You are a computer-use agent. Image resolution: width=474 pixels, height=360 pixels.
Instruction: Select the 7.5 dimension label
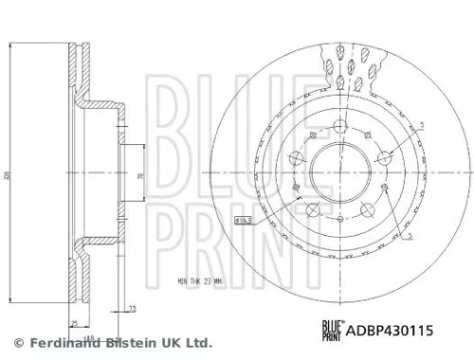(x=135, y=308)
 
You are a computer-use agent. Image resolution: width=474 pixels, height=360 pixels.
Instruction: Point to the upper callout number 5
(x=423, y=124)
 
